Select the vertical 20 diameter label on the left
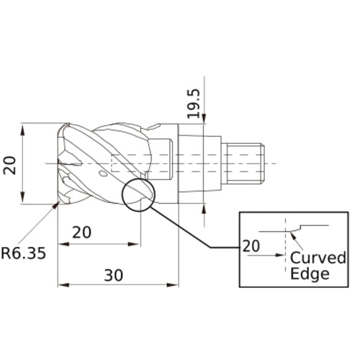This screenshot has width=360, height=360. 9,165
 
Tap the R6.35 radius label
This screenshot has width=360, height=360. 23,253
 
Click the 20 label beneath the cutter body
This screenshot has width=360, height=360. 84,233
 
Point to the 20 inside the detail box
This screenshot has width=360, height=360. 251,245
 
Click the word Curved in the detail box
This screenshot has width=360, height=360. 318,258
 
